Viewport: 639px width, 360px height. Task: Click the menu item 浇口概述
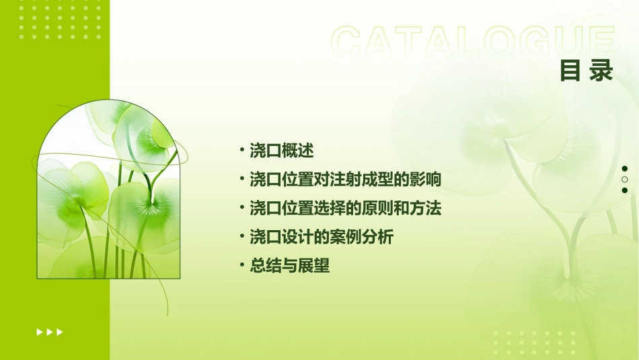click(282, 150)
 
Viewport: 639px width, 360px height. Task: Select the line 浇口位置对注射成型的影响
click(345, 180)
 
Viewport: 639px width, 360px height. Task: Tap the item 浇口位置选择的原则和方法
click(345, 208)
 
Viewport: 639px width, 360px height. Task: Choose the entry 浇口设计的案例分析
click(322, 237)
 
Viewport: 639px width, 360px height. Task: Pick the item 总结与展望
click(290, 266)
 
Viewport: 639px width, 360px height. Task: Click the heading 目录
click(587, 71)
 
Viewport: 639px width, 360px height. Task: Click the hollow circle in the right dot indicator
click(625, 180)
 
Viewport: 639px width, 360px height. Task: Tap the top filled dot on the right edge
click(625, 168)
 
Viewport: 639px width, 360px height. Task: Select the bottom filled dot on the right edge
click(625, 190)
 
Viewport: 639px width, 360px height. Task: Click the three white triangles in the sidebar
click(50, 332)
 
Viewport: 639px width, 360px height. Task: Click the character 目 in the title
click(570, 71)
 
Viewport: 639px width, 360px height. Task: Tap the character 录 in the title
click(601, 71)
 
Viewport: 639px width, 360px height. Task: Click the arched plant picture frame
click(108, 191)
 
